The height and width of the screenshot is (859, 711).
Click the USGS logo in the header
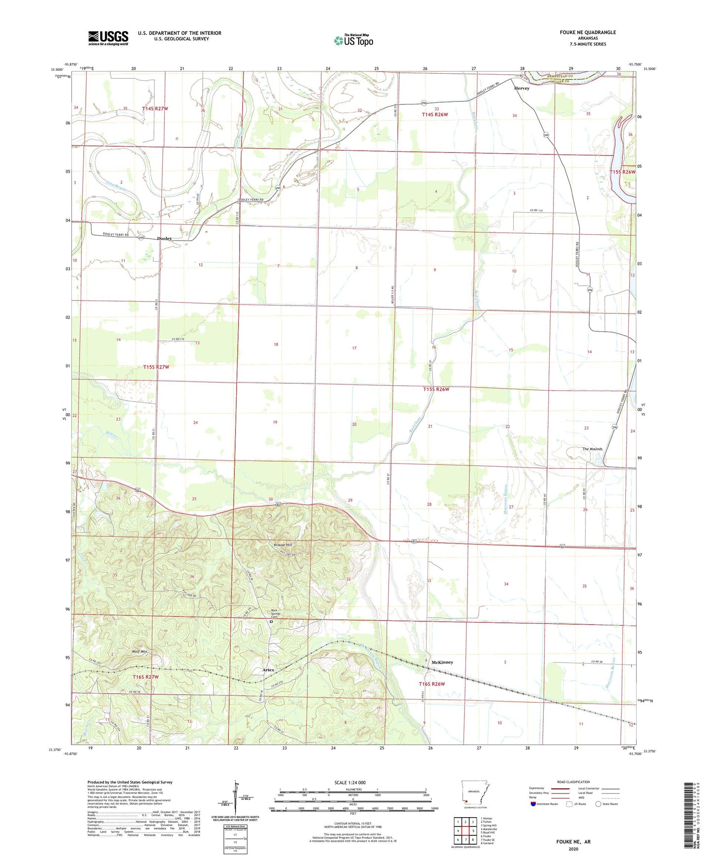pyautogui.click(x=108, y=38)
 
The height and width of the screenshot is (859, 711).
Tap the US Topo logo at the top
pyautogui.click(x=353, y=40)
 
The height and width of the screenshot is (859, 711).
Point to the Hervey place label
pyautogui.click(x=522, y=89)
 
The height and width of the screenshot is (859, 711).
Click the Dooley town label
pyautogui.click(x=164, y=239)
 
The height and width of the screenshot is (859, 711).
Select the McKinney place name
pyautogui.click(x=442, y=662)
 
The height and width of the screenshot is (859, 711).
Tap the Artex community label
pyautogui.click(x=268, y=670)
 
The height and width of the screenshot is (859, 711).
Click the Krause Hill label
pyautogui.click(x=283, y=545)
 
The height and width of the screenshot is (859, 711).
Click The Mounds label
pyautogui.click(x=592, y=449)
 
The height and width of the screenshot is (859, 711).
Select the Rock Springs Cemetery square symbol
pyautogui.click(x=271, y=621)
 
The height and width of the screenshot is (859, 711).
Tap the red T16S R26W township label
pyautogui.click(x=432, y=684)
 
